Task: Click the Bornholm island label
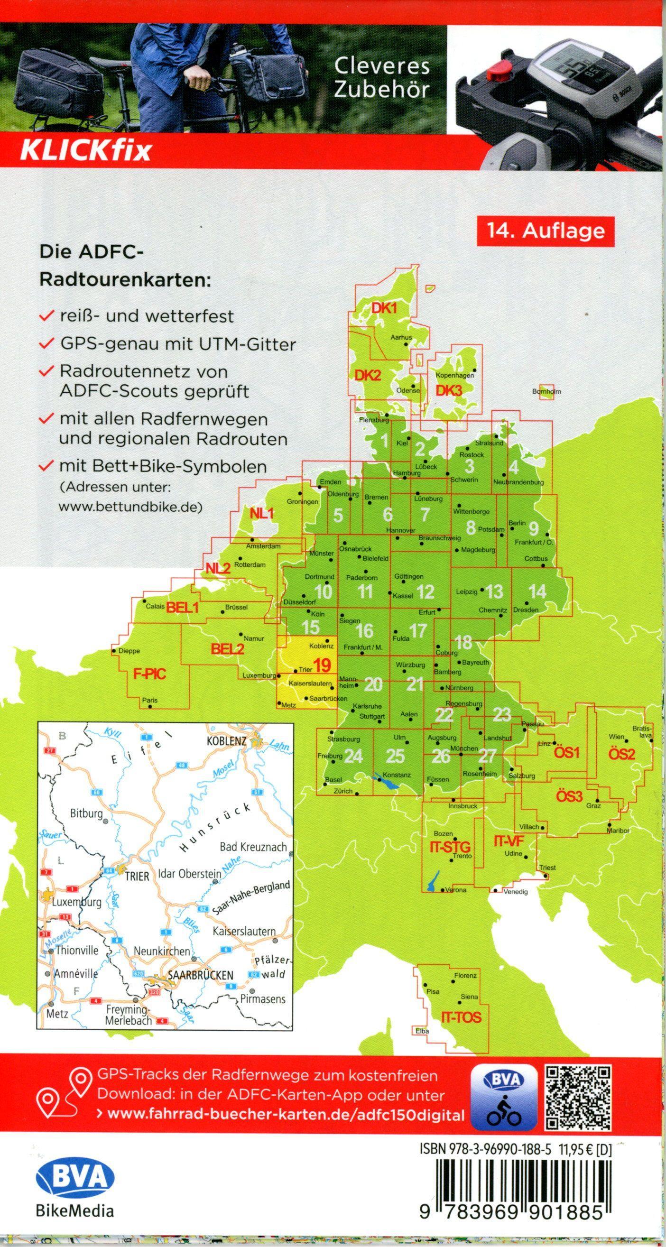click(x=546, y=391)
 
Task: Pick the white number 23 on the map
click(x=502, y=713)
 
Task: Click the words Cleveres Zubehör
click(x=382, y=78)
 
